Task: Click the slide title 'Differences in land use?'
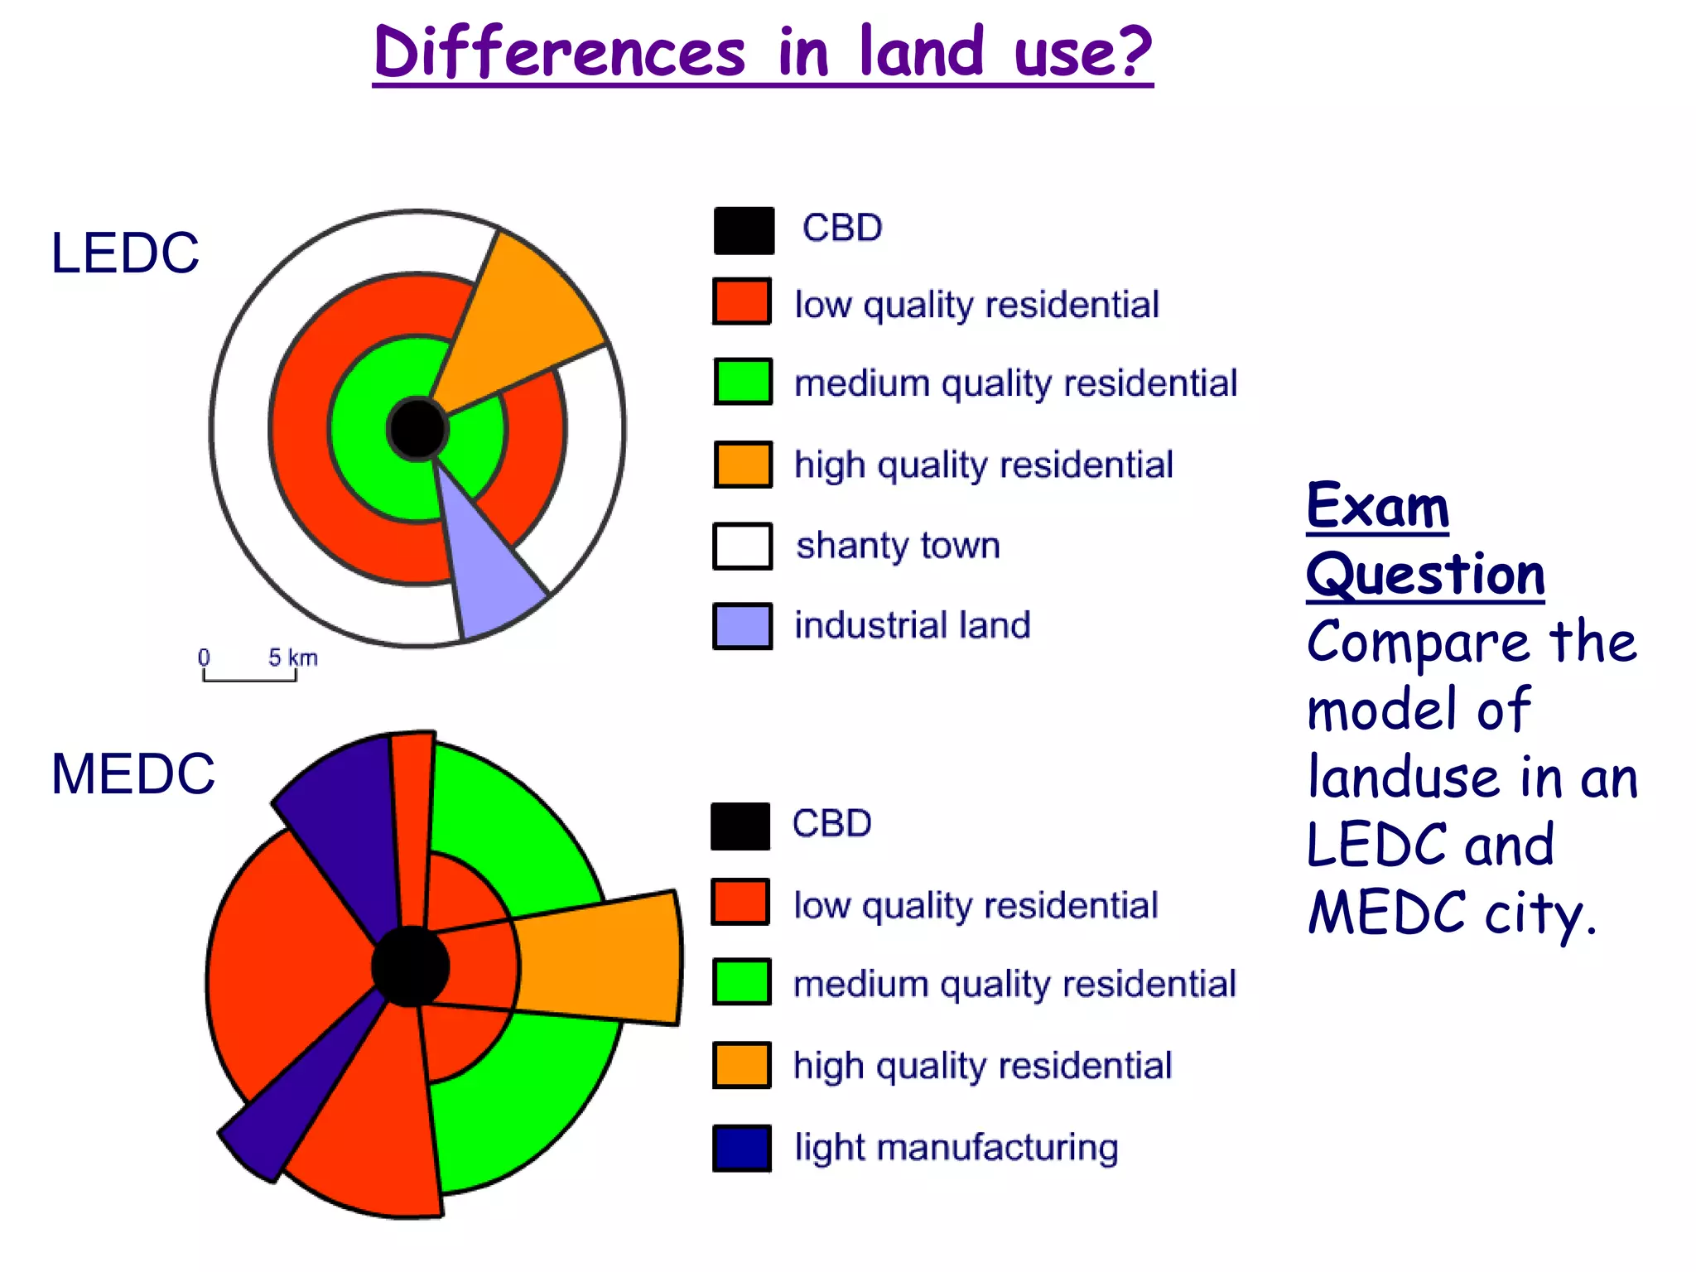(x=762, y=53)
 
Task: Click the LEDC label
(x=125, y=253)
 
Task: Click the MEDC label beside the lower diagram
(x=132, y=774)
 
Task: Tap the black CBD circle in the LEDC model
(x=417, y=429)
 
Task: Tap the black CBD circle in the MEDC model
(x=410, y=966)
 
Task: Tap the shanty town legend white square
(x=743, y=546)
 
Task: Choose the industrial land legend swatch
(x=743, y=626)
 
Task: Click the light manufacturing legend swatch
(x=742, y=1148)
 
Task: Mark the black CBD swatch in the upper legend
(x=744, y=230)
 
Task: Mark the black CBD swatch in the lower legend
(x=740, y=826)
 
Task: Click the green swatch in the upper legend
(x=743, y=382)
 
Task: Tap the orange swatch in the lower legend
(x=742, y=1065)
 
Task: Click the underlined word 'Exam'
(x=1377, y=507)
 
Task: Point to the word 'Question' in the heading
(x=1425, y=575)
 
